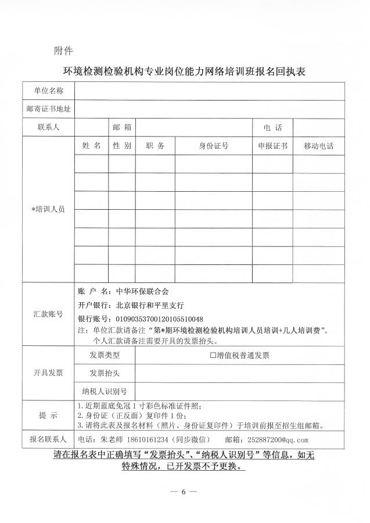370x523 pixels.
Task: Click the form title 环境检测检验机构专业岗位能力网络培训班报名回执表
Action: click(x=184, y=72)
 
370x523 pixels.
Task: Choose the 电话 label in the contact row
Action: click(x=272, y=127)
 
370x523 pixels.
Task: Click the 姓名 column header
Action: click(x=91, y=146)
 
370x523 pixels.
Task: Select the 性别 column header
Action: click(x=121, y=146)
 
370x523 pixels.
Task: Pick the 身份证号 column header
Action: click(x=213, y=146)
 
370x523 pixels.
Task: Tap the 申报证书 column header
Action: click(x=272, y=146)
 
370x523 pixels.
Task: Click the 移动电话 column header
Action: click(x=318, y=146)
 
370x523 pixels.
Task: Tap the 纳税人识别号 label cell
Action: click(x=105, y=391)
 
